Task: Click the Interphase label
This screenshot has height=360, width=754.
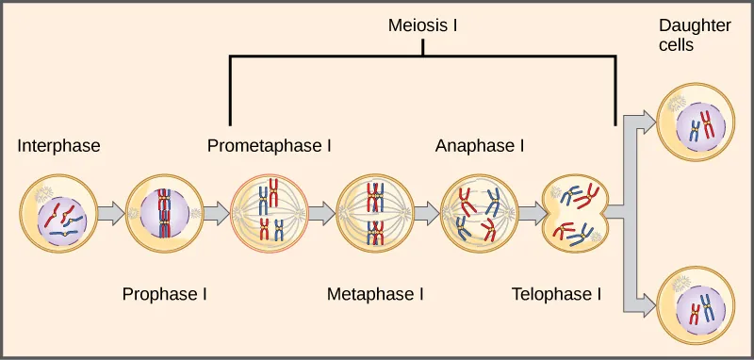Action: [x=58, y=146]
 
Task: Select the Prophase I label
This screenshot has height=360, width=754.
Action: [x=165, y=294]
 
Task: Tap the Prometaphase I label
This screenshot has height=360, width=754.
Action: [x=269, y=146]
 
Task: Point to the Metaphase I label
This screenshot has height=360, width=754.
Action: [x=375, y=294]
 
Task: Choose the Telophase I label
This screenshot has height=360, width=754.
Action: [x=556, y=294]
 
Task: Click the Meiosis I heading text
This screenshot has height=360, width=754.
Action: [x=422, y=25]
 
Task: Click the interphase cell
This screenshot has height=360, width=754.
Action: [x=58, y=214]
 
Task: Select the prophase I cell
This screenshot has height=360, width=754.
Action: [x=164, y=214]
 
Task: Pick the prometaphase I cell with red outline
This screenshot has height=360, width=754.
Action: [x=269, y=214]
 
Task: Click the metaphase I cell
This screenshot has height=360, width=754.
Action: [x=374, y=214]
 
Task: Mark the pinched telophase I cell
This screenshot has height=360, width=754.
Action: [x=577, y=215]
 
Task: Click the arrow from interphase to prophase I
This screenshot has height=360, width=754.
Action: [x=111, y=214]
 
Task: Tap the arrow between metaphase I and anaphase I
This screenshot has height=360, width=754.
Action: [x=427, y=214]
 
